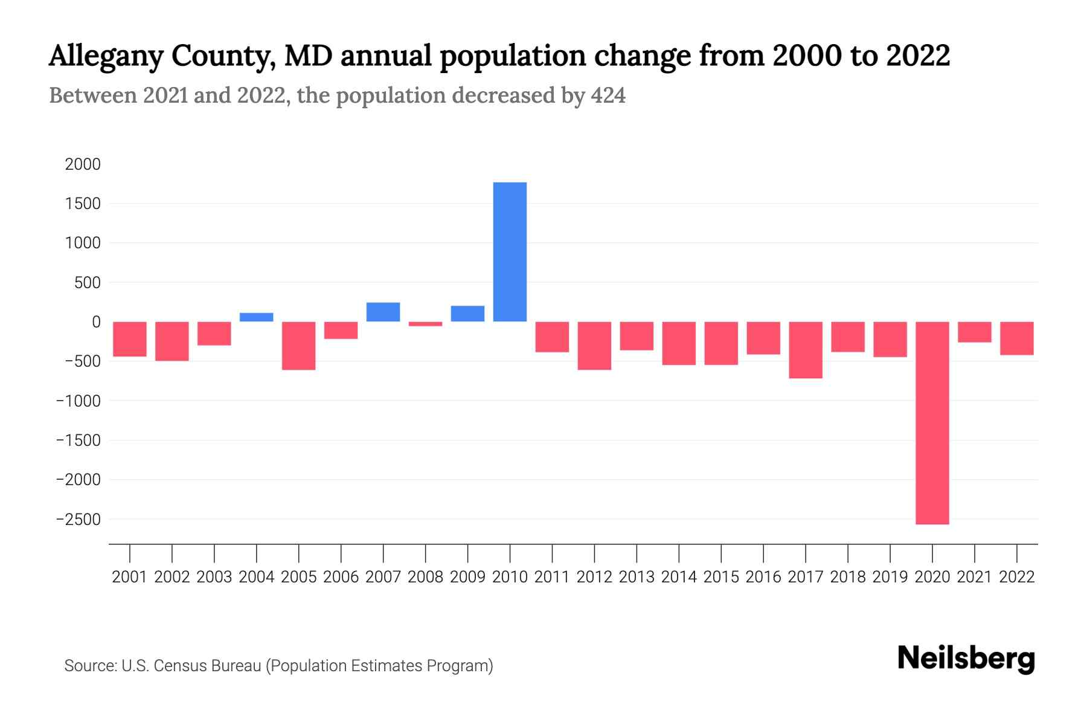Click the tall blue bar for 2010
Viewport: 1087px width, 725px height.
point(510,252)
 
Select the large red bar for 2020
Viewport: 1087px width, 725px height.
point(932,423)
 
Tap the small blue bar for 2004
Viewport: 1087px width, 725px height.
point(257,317)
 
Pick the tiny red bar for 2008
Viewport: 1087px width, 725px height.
point(425,324)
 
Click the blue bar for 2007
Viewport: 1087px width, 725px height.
point(383,312)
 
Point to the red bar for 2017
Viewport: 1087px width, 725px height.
point(806,350)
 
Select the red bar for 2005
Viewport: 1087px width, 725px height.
point(299,346)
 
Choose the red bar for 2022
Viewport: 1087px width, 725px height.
point(1017,338)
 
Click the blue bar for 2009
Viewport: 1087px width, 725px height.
point(467,314)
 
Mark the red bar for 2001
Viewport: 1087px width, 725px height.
point(130,339)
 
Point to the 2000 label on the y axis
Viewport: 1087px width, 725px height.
point(83,164)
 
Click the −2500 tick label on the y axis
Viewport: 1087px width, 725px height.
point(79,519)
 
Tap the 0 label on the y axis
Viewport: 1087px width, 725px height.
point(95,322)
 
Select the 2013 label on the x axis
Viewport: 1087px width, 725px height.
point(636,577)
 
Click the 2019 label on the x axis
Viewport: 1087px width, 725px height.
point(890,577)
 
